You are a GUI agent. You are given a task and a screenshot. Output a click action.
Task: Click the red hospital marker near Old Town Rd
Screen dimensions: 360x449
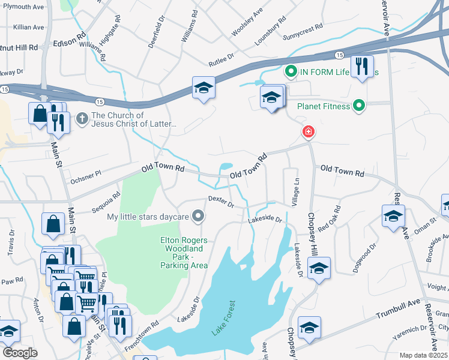click(309, 131)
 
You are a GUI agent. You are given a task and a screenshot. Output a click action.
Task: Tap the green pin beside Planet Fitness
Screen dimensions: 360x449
click(359, 107)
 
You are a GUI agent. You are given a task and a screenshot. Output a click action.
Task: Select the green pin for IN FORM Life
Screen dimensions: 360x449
click(291, 73)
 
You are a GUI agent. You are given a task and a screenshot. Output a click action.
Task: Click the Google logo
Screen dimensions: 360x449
click(20, 352)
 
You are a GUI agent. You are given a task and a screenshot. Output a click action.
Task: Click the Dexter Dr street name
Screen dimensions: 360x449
click(220, 202)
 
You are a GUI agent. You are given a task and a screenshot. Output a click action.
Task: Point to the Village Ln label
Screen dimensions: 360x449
click(295, 191)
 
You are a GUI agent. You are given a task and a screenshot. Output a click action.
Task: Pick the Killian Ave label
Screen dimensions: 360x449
click(29, 28)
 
